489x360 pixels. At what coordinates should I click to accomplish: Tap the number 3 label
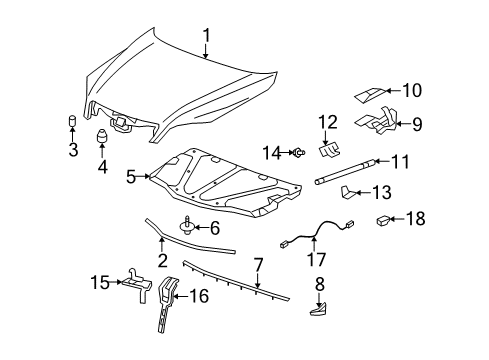73,150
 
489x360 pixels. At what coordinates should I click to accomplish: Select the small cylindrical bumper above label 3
73,123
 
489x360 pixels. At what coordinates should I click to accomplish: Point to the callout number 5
132,176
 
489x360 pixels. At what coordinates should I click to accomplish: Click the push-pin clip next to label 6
187,227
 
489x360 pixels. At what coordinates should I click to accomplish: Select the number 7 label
258,266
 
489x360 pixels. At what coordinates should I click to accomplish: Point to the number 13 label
380,193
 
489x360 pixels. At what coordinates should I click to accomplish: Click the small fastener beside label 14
298,152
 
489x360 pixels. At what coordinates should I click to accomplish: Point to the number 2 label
161,261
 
